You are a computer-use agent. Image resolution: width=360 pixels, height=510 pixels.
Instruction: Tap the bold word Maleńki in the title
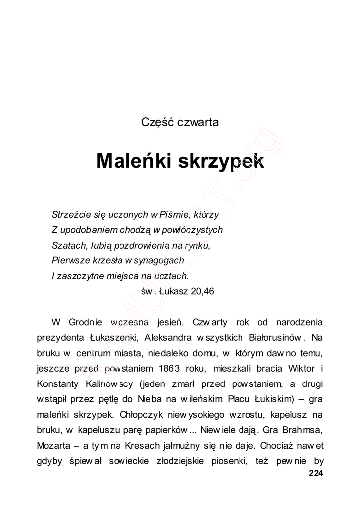(x=131, y=161)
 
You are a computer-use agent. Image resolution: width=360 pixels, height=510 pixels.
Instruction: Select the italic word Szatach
(x=66, y=245)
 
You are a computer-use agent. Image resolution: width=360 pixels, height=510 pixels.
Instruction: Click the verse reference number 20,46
(x=202, y=291)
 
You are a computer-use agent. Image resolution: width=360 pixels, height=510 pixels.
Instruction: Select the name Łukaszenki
(x=114, y=338)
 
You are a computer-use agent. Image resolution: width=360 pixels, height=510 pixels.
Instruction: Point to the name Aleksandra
(x=169, y=338)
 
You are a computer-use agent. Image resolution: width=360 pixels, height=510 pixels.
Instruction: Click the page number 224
(x=316, y=474)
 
